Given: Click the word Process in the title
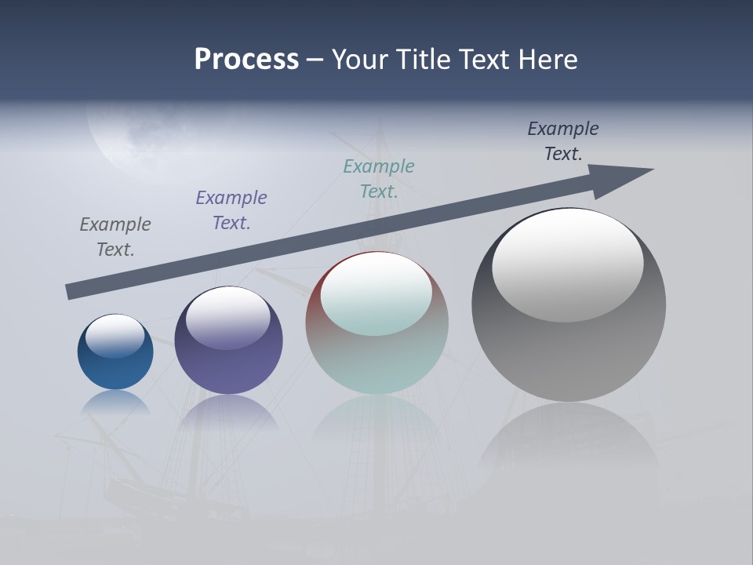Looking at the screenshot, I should point(246,60).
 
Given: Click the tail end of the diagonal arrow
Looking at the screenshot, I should point(69,292).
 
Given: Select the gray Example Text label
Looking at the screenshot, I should point(115,236).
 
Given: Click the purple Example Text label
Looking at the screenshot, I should point(231,210).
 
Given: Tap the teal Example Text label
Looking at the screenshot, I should point(379,178).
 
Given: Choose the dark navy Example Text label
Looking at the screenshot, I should point(563,140).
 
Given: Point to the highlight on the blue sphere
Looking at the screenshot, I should point(115,335).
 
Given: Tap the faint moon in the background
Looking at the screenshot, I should point(129,137).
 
